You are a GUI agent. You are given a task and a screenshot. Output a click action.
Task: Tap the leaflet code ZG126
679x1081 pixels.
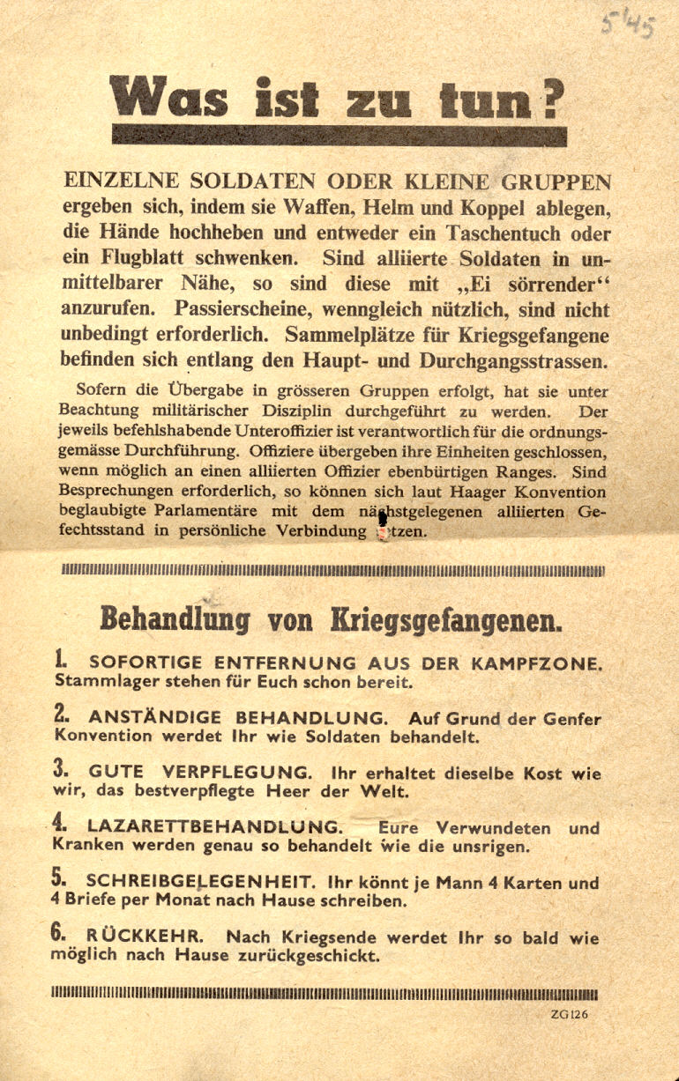(x=569, y=1014)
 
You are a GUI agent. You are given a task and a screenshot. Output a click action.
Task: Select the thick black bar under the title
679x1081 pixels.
(x=339, y=135)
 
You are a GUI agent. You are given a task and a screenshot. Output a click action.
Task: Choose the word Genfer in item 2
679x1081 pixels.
(x=570, y=719)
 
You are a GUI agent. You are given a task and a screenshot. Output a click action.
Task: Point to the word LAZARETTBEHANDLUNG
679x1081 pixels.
(x=213, y=827)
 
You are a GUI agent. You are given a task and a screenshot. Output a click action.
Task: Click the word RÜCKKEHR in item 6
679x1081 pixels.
(x=148, y=937)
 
